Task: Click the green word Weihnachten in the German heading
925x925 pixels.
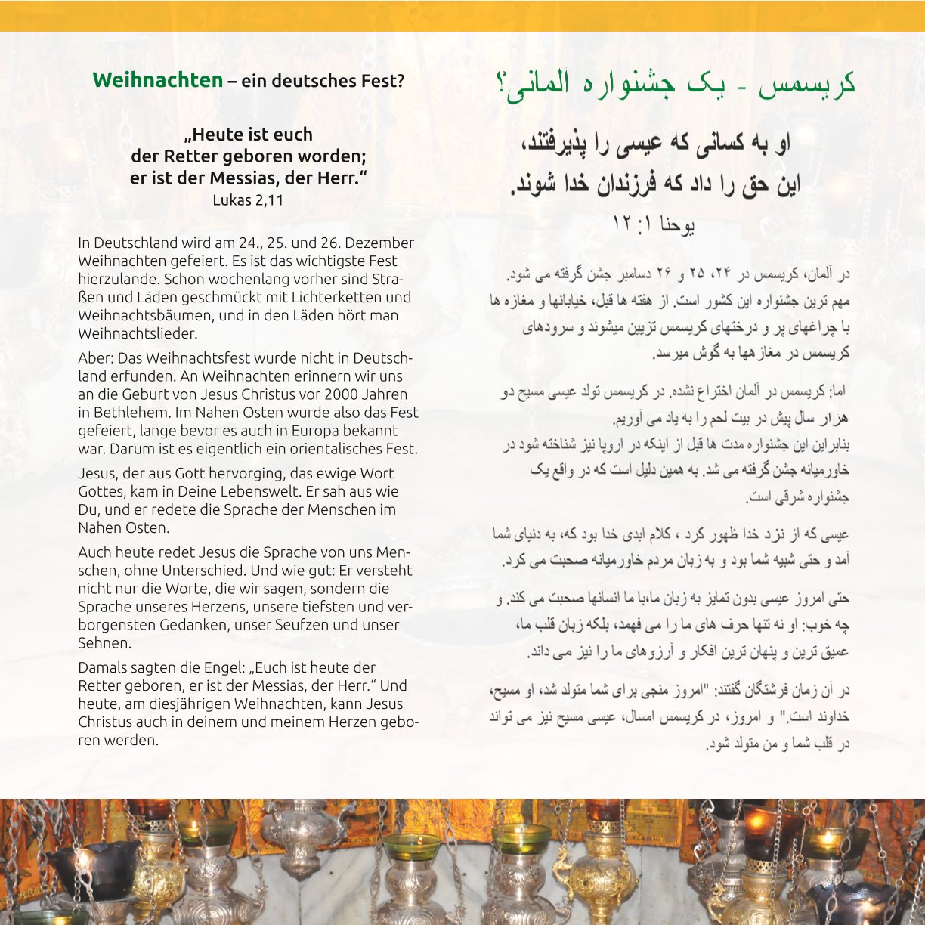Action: (157, 80)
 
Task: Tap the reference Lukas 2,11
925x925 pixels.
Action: (248, 200)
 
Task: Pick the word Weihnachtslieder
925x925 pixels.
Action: (138, 333)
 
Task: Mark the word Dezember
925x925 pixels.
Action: (379, 243)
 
